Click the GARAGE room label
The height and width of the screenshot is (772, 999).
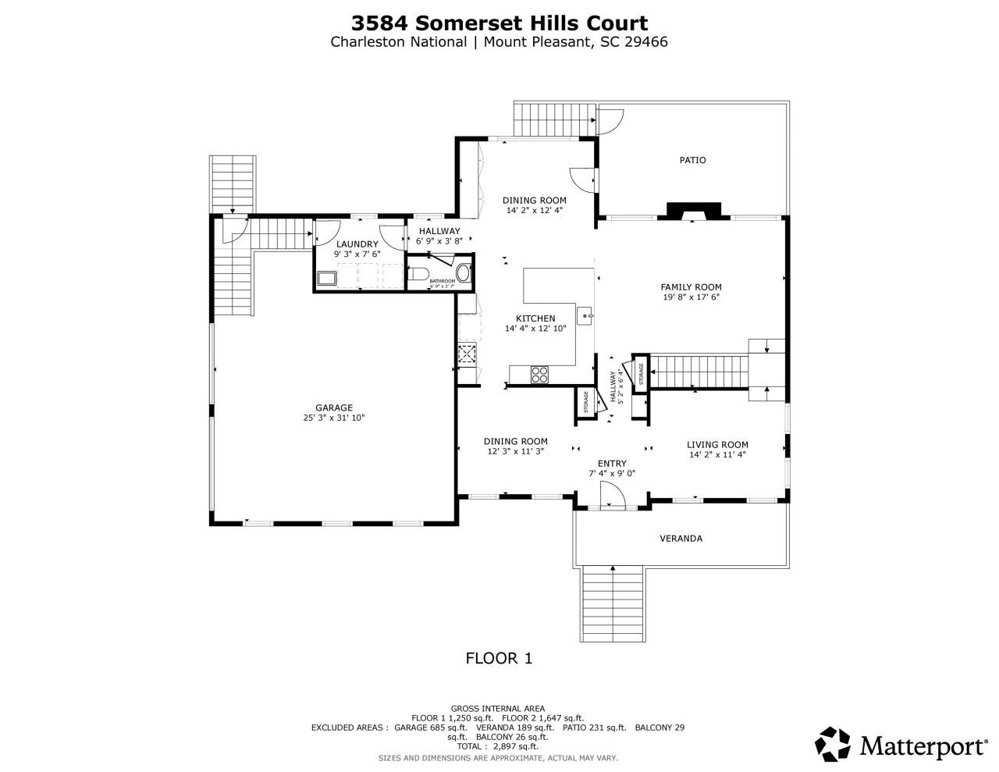(334, 407)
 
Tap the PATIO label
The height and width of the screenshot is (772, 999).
(692, 160)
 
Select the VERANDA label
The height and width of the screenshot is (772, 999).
(681, 539)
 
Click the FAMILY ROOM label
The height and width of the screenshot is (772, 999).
(691, 286)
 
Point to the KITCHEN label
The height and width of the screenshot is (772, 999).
(535, 318)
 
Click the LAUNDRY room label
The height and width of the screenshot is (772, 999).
(357, 244)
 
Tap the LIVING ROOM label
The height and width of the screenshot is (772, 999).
(717, 445)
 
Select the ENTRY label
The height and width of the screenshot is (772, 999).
(612, 464)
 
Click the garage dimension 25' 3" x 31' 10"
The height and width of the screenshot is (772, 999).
(334, 418)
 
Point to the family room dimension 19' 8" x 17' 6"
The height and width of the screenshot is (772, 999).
(691, 297)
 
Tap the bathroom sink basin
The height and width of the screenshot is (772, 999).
(464, 273)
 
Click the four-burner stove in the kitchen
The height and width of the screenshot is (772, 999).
(539, 374)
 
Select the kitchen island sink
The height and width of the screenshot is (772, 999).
(585, 315)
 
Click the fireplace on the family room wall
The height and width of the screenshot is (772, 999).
(692, 211)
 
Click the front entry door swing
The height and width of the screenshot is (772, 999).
(611, 495)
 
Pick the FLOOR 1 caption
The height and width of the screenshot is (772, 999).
(499, 658)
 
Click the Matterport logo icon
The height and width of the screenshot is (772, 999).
(833, 744)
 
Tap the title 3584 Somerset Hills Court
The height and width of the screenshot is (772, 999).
(499, 23)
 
